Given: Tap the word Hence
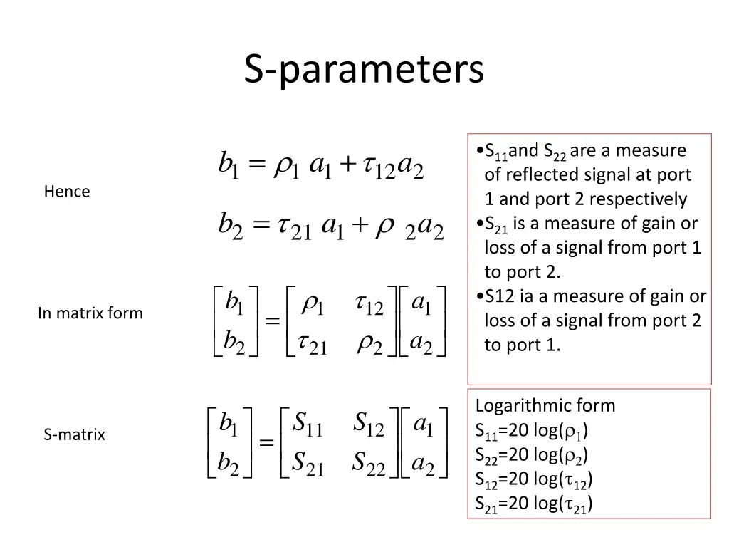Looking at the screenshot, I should pos(67,192).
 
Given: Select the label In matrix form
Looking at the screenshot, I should pos(90,313).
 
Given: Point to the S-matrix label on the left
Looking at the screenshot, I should pos(74,434).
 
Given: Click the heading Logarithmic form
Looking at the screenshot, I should pos(545,406).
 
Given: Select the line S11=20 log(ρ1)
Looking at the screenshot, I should pos(532,431).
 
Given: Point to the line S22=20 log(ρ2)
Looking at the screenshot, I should pos(532,455).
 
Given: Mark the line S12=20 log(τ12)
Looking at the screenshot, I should pos(534,479).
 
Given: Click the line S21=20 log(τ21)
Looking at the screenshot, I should pos(534,504).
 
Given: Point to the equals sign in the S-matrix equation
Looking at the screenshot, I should pos(267,443).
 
